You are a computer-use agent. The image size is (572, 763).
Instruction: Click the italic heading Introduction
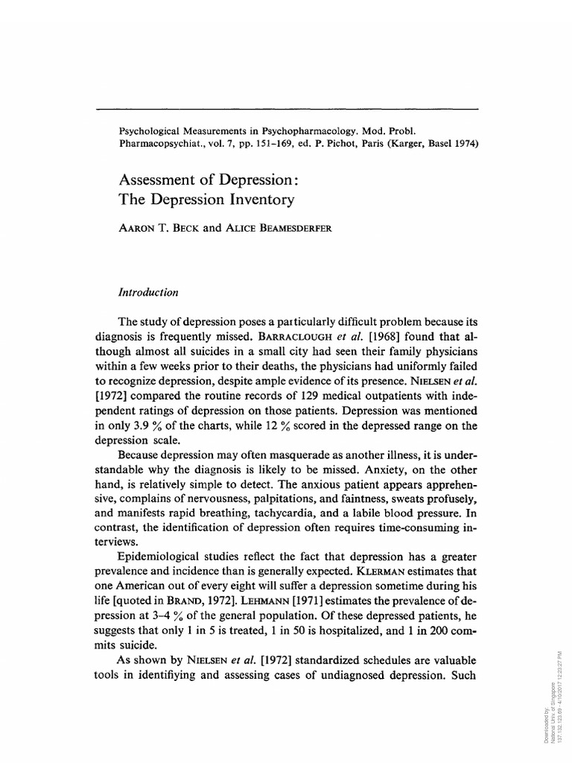click(x=148, y=293)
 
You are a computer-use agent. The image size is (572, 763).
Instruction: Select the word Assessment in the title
click(x=155, y=180)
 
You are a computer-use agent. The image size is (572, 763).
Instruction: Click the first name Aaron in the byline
click(x=139, y=229)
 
